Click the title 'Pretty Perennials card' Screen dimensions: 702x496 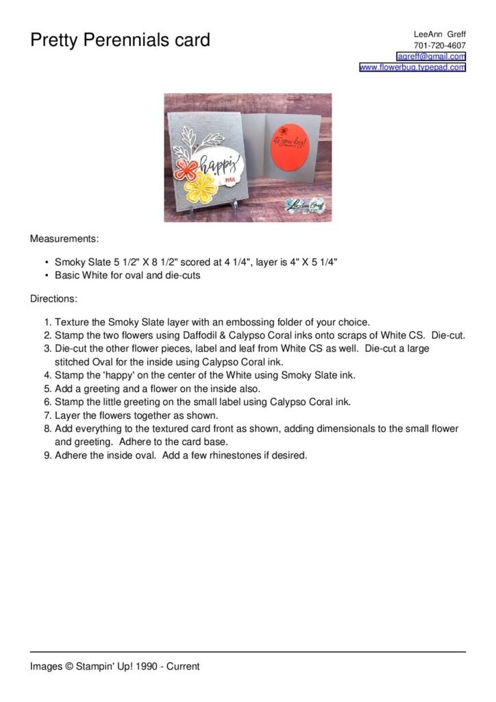pyautogui.click(x=120, y=40)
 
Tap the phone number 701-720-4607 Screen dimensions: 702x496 pyautogui.click(x=440, y=45)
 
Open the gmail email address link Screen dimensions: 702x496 pyautogui.click(x=431, y=56)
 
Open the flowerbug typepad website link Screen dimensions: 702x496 pyautogui.click(x=412, y=67)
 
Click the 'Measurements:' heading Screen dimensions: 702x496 pyautogui.click(x=64, y=239)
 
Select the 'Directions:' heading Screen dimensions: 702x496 pyautogui.click(x=54, y=299)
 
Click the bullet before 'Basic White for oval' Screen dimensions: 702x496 pyautogui.click(x=45, y=276)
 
